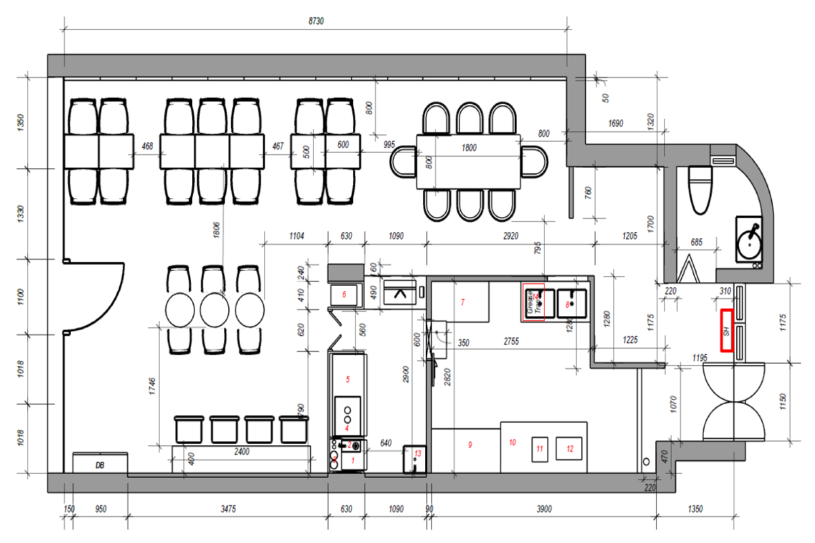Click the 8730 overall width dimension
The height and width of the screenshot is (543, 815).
tap(316, 21)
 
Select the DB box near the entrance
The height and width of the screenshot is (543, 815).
tap(100, 465)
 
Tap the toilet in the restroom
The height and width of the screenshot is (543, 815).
tap(700, 188)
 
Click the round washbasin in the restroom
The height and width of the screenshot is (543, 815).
tap(751, 239)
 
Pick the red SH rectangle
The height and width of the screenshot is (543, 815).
tap(727, 331)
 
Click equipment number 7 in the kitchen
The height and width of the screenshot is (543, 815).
tap(462, 302)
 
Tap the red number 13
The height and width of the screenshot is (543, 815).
tap(416, 453)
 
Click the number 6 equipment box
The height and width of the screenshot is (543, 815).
tap(344, 295)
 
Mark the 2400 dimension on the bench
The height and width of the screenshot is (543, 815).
tap(242, 451)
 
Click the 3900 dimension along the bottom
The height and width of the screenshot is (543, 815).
tap(543, 508)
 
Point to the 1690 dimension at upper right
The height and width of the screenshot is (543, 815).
tap(615, 124)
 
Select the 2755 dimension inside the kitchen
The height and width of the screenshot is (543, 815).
tap(511, 341)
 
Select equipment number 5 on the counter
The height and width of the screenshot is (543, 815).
tap(347, 379)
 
